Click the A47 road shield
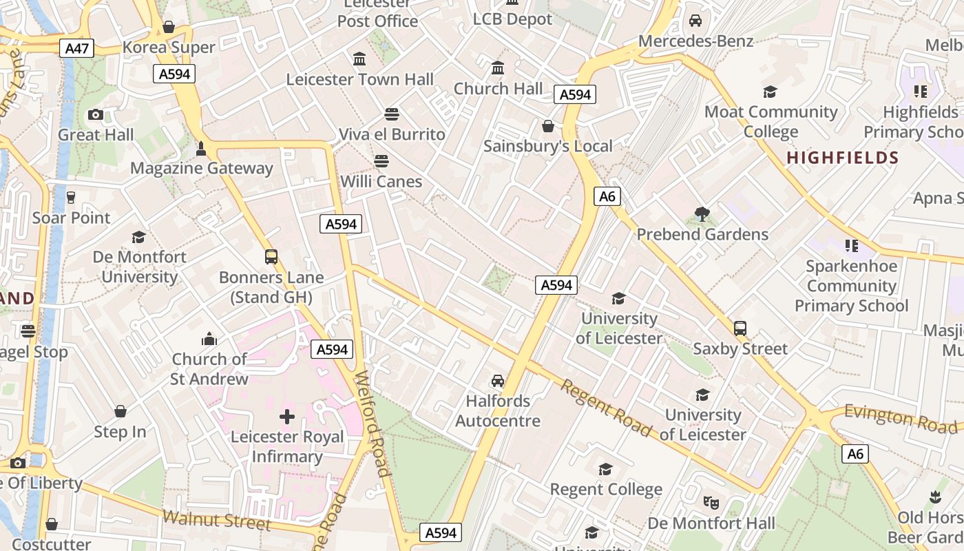point(76,48)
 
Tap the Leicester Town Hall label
point(360,79)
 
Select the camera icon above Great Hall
point(96,114)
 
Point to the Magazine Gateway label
point(202,168)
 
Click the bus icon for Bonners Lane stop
point(271,257)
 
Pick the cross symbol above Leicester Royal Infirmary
point(287,416)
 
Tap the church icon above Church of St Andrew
point(209,339)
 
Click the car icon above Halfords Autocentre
point(498,381)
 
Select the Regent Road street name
point(605,408)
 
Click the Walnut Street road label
point(217,520)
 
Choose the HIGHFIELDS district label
point(843,158)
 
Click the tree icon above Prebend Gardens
point(702,214)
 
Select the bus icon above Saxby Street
point(740,328)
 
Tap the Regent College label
point(606,490)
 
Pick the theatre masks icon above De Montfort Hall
point(711,502)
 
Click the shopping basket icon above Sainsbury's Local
point(548,126)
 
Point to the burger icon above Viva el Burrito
point(392,113)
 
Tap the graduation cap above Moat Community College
point(770,92)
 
